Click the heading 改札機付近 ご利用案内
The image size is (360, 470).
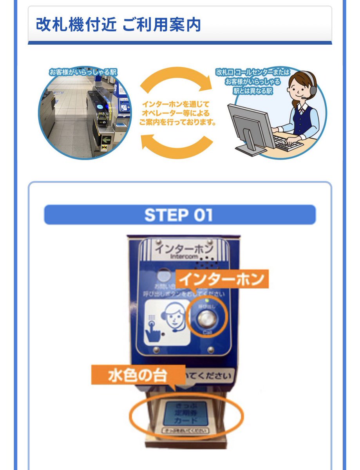pyautogui.click(x=118, y=24)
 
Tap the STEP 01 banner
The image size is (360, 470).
pyautogui.click(x=179, y=215)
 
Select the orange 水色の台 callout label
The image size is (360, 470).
pyautogui.click(x=138, y=375)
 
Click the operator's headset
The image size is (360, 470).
pyautogui.click(x=309, y=84)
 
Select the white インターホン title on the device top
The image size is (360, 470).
pyautogui.click(x=183, y=248)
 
